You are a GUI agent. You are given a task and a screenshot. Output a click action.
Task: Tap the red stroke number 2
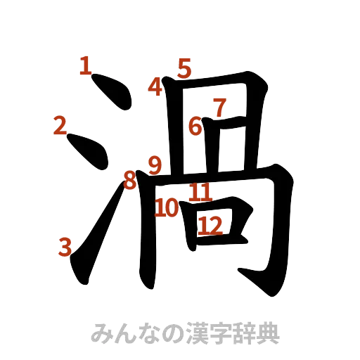click(60, 125)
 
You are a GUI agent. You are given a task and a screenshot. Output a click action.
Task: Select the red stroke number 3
click(65, 246)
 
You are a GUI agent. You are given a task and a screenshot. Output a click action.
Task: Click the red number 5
click(184, 68)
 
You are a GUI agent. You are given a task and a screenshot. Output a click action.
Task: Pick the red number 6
click(195, 127)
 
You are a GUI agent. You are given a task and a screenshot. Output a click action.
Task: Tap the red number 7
click(219, 108)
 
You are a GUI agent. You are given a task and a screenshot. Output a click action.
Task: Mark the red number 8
click(129, 179)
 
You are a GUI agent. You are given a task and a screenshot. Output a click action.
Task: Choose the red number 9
click(155, 165)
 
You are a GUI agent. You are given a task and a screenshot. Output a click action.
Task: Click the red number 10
click(167, 207)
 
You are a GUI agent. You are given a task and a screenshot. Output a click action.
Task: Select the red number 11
click(200, 191)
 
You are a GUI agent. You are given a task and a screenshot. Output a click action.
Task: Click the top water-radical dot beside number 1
click(114, 93)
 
